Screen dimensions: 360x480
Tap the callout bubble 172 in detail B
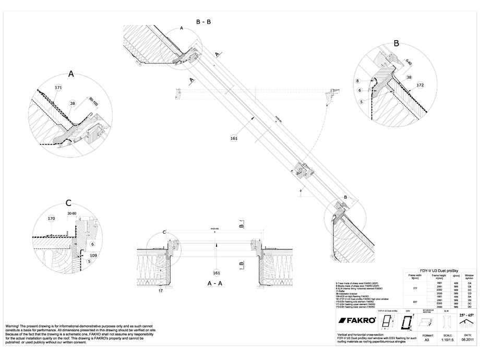click(421, 85)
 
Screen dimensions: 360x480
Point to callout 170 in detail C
click(51, 219)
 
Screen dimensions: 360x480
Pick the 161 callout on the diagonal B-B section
click(234, 138)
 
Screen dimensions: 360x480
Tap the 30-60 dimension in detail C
click(72, 213)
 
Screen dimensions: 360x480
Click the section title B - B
click(203, 22)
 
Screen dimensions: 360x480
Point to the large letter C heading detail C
click(68, 203)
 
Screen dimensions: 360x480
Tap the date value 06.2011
click(466, 343)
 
